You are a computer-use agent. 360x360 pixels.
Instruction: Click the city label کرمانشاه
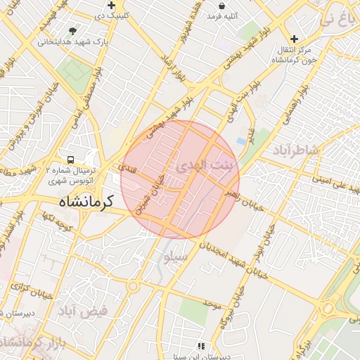[80, 202]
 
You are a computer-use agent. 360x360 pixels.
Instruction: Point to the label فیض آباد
[82, 310]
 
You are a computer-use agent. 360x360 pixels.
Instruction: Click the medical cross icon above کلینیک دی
[111, 5]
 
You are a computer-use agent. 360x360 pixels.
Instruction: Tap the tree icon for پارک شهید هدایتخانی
[73, 31]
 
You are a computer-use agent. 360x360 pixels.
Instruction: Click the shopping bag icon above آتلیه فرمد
[221, 5]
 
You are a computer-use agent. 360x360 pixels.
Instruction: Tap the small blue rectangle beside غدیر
[242, 141]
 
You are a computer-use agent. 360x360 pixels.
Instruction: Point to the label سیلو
[176, 257]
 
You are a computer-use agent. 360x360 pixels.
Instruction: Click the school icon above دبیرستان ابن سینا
[201, 346]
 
